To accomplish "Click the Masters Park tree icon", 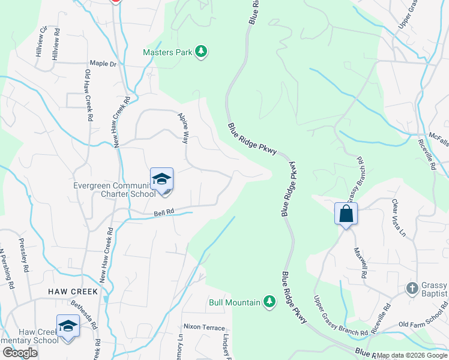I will click(202, 52).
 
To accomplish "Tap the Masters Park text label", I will click(167, 52).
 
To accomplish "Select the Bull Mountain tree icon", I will click(270, 302).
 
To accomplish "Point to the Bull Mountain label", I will click(235, 302).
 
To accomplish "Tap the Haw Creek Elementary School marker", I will click(68, 327).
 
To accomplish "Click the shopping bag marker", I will click(346, 214).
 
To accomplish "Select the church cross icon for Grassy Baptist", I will click(412, 289).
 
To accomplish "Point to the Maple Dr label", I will click(103, 63).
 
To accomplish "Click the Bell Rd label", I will click(163, 212).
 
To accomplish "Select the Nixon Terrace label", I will click(204, 328).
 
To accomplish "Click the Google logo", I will click(19, 353).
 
